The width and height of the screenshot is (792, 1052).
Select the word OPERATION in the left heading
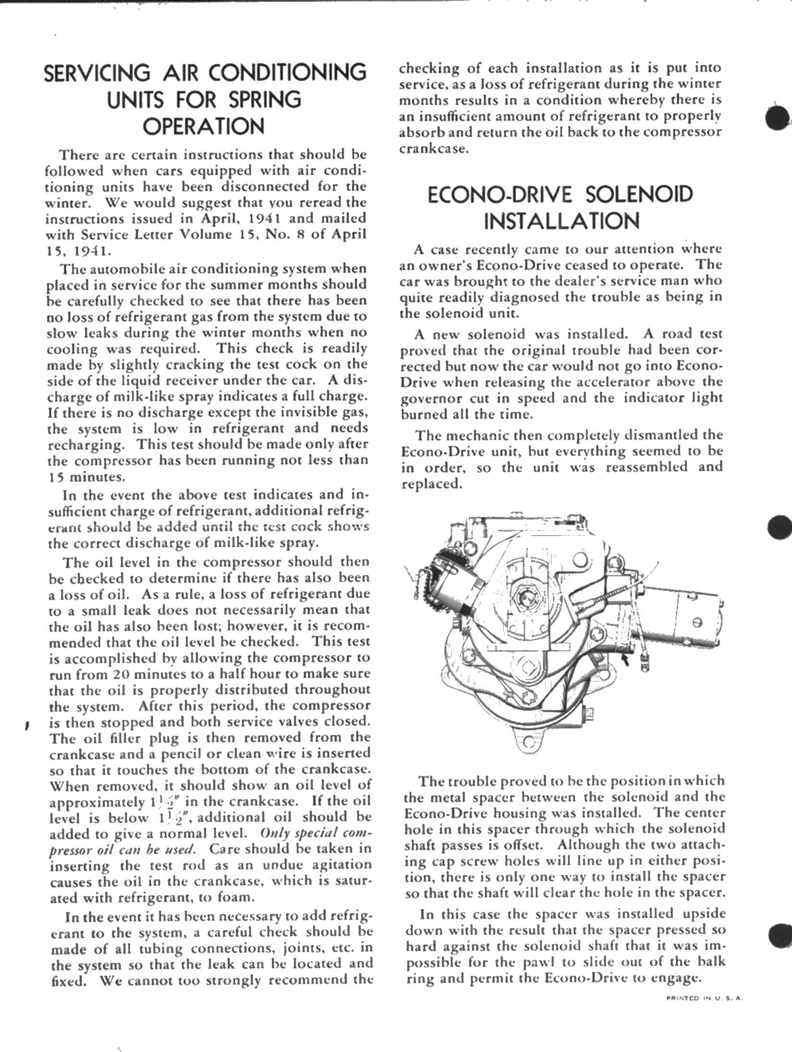pyautogui.click(x=204, y=127)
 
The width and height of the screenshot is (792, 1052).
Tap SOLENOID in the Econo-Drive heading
pyautogui.click(x=639, y=194)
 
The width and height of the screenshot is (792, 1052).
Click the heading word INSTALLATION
pyautogui.click(x=562, y=221)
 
